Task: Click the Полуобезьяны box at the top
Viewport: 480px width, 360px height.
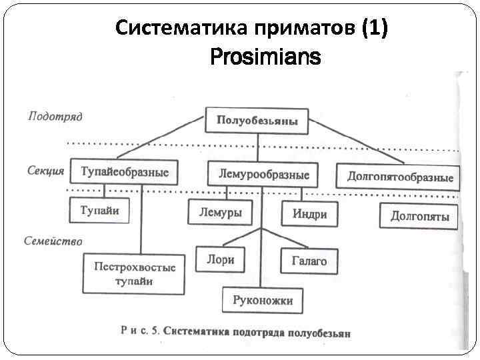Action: (x=257, y=121)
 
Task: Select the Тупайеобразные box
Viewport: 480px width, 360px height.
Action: (x=125, y=173)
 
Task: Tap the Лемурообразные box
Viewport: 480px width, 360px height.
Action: (x=263, y=175)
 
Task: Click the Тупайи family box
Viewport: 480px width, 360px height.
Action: (x=100, y=211)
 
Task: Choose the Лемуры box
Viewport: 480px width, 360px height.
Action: (x=221, y=213)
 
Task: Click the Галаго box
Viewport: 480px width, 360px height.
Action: (x=309, y=261)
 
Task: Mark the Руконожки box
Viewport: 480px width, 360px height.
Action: (x=262, y=300)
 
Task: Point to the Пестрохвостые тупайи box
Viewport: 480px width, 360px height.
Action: (x=134, y=274)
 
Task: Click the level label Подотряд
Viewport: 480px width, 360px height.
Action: (x=55, y=117)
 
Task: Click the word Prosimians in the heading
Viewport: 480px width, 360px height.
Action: (x=265, y=58)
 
